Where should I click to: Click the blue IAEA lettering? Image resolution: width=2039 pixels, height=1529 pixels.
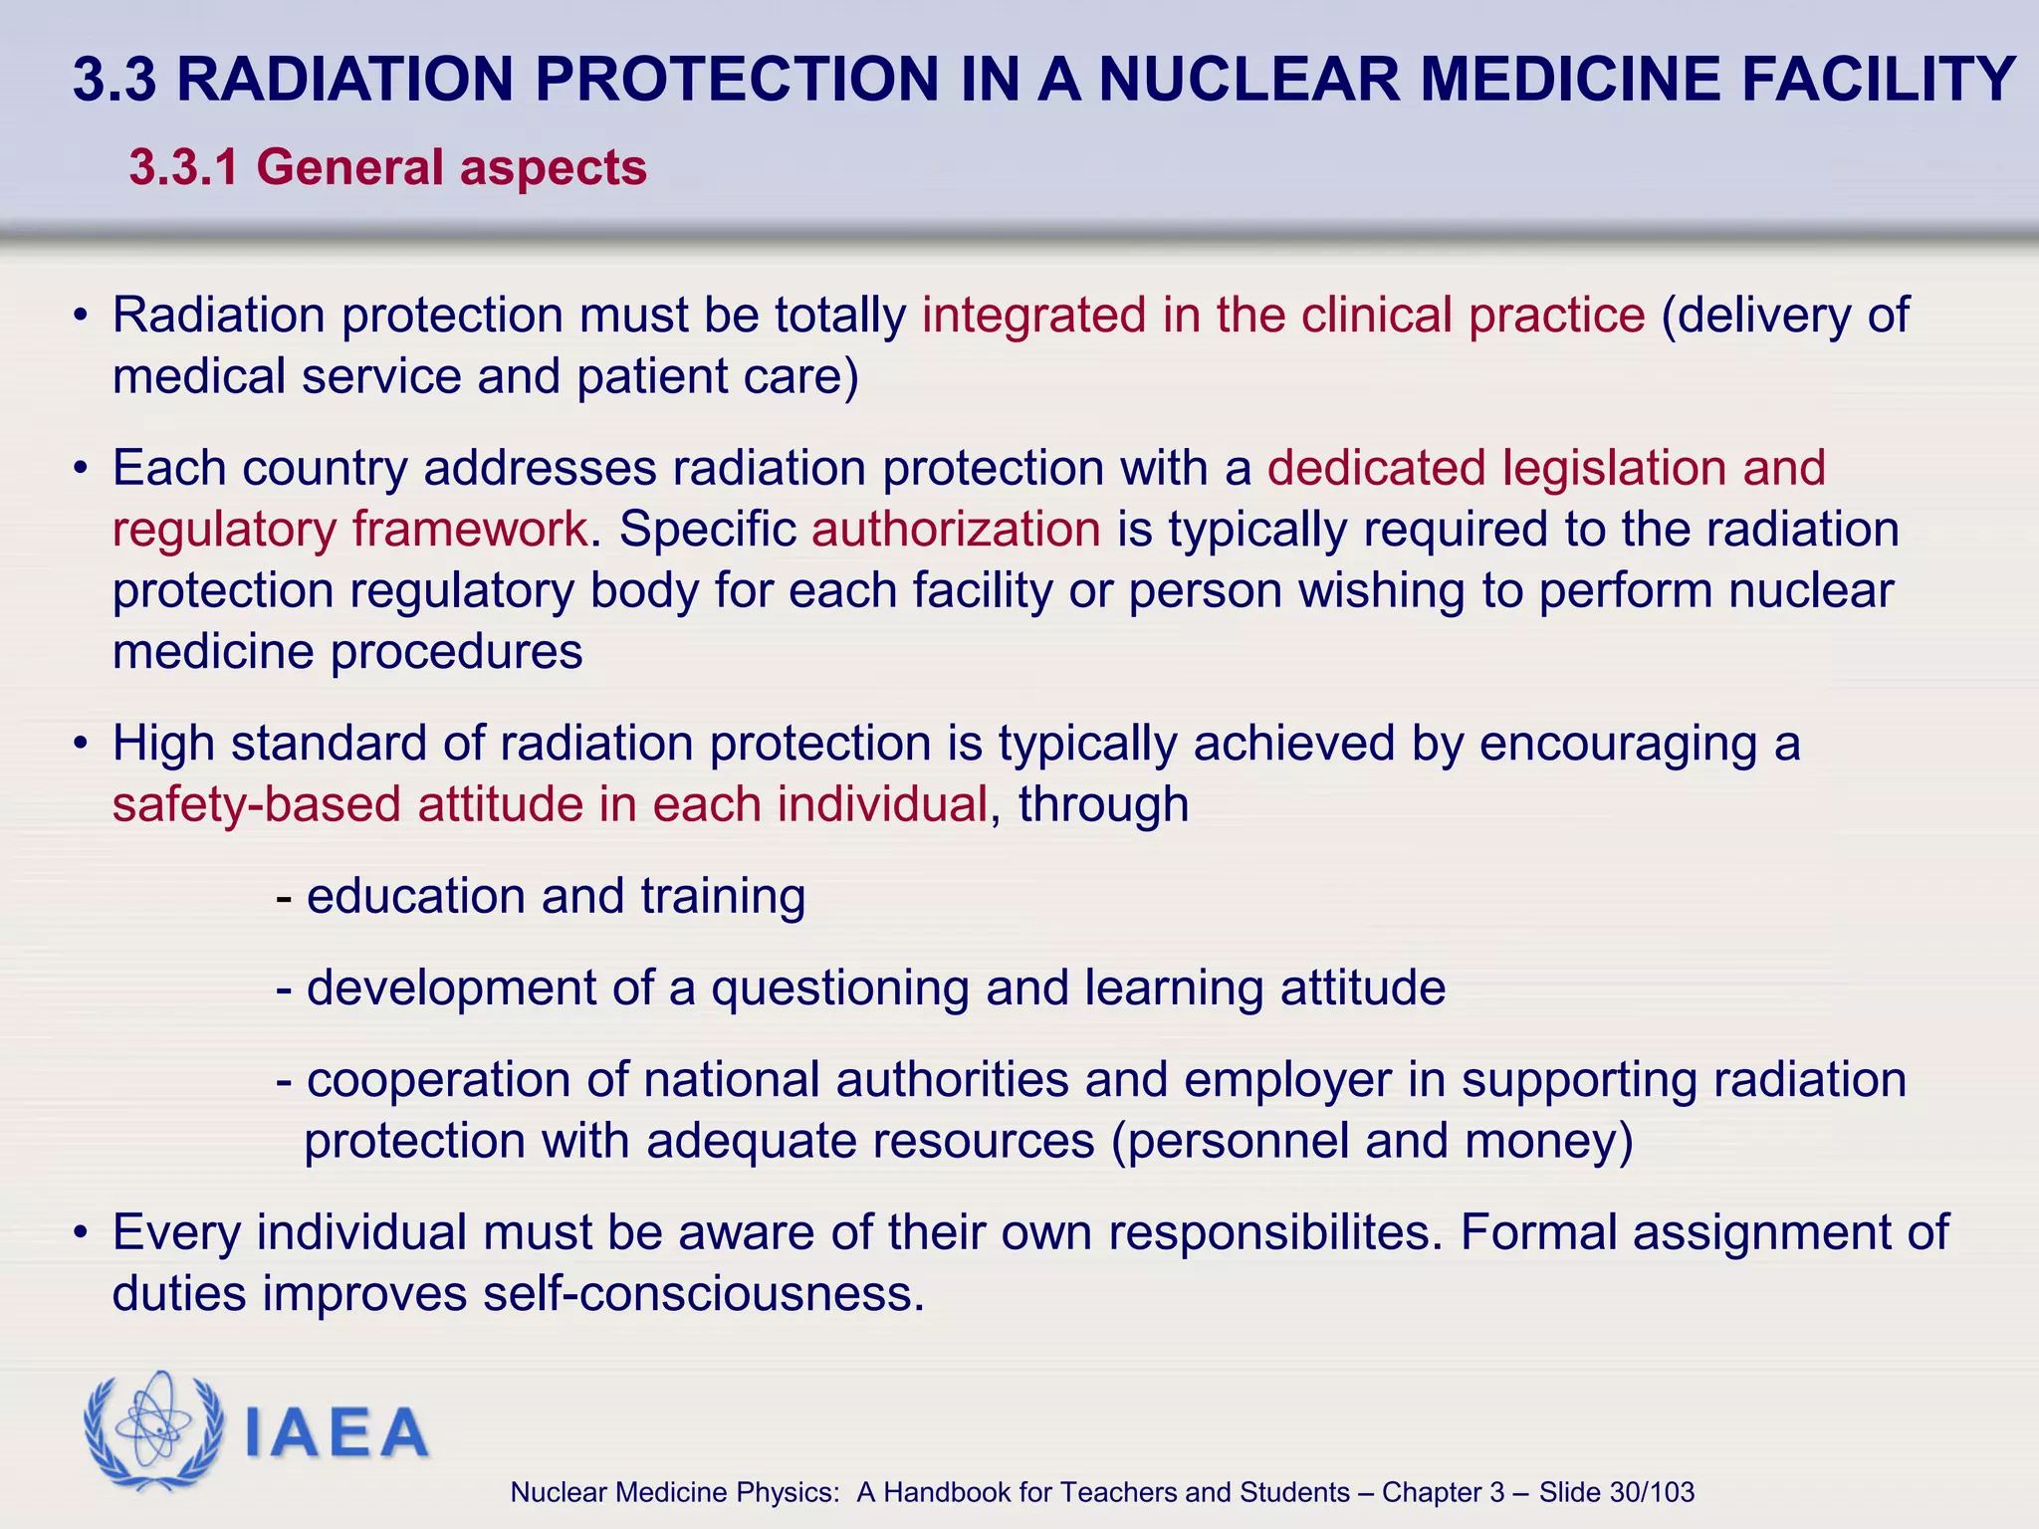click(337, 1433)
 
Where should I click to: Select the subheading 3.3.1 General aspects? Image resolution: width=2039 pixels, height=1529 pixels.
click(388, 167)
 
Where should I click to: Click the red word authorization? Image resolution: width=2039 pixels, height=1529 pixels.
click(956, 529)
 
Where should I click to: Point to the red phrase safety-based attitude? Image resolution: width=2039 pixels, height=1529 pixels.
click(347, 804)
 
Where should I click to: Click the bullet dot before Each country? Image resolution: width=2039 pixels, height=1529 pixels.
click(81, 468)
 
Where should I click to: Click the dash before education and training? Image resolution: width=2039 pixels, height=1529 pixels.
click(285, 897)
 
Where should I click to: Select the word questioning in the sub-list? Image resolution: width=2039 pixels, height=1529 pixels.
click(839, 988)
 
